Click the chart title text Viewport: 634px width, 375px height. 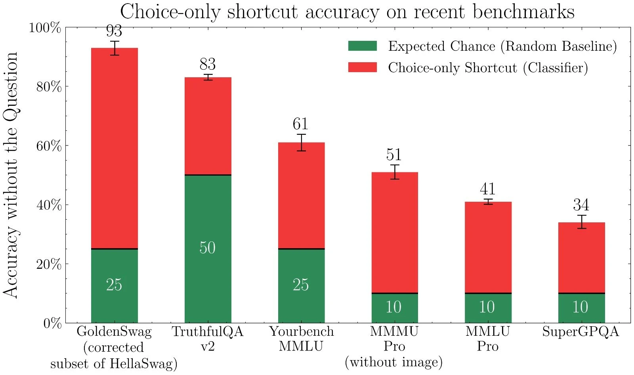click(347, 12)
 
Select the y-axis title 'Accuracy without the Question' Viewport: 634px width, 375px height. click(11, 174)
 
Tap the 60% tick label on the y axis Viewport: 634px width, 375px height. click(49, 146)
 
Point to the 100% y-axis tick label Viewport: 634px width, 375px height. click(45, 28)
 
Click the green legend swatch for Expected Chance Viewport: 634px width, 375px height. click(362, 46)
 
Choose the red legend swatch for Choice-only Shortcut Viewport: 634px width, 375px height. click(362, 67)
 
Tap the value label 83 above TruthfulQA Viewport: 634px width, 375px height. click(208, 64)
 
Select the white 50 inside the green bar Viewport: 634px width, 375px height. click(207, 248)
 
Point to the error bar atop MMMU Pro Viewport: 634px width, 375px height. click(395, 172)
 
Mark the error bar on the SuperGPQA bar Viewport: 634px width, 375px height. click(581, 222)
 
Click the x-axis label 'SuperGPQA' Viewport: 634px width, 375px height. click(581, 331)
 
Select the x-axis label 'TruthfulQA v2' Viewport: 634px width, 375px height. click(208, 339)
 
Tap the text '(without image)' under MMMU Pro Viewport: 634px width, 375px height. click(393, 362)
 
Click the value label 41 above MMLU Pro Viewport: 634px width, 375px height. click(488, 189)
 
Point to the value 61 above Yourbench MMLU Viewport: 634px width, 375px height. click(301, 124)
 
